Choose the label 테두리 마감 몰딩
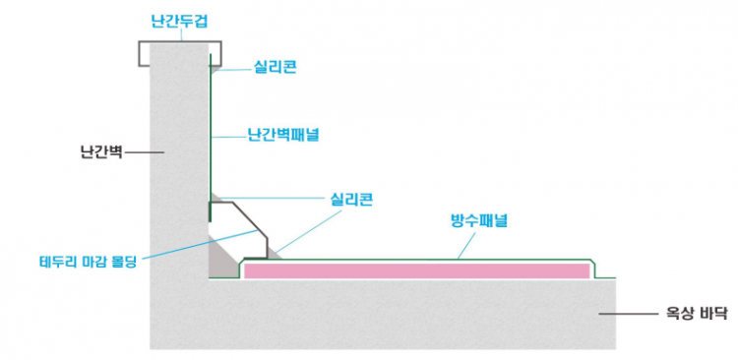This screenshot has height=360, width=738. tap(86, 262)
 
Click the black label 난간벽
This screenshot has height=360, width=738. tap(100, 152)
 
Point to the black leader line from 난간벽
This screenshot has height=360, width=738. tap(144, 152)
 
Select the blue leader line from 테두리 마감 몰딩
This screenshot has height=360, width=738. tap(197, 245)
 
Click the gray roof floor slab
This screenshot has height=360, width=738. tap(394, 315)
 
